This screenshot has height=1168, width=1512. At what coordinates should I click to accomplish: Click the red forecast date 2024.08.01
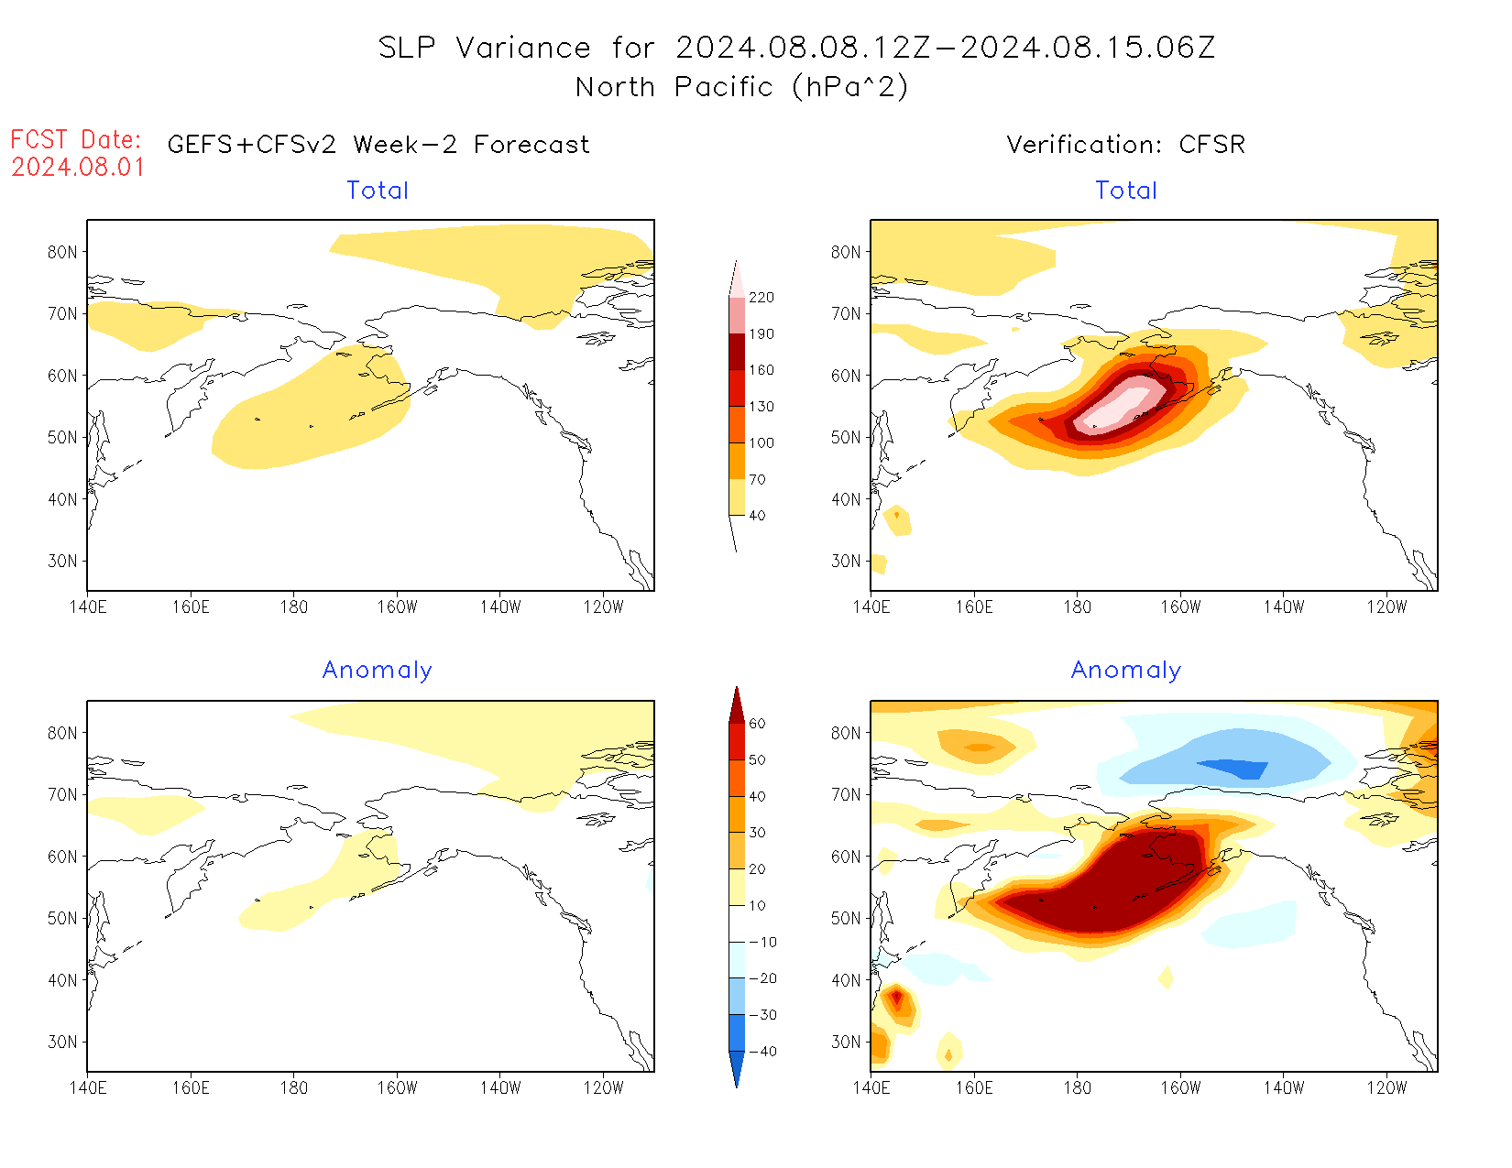(x=78, y=168)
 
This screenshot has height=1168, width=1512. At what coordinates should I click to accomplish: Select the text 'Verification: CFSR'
(x=1125, y=145)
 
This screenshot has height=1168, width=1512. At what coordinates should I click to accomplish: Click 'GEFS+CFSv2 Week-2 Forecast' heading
(x=378, y=145)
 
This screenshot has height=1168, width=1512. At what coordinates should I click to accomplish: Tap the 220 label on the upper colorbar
(x=761, y=298)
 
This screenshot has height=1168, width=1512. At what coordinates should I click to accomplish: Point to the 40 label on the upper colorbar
(x=757, y=516)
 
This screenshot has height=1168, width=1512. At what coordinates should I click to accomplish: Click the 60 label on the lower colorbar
(x=757, y=724)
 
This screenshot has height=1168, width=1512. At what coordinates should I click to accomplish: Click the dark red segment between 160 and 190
(x=737, y=352)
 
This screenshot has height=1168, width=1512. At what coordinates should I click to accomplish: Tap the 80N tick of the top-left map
(x=62, y=252)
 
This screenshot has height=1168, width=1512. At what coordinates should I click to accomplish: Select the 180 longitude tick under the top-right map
(x=1077, y=606)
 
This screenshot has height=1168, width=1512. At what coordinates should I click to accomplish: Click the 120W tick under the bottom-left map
(x=603, y=1087)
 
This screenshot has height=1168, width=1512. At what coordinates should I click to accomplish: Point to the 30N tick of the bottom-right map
(x=846, y=1042)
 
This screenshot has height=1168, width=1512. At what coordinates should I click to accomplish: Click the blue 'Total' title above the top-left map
(x=378, y=191)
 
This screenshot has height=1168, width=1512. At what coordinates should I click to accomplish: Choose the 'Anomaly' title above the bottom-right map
(x=1126, y=671)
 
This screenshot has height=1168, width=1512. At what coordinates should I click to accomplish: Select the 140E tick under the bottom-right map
(x=871, y=1087)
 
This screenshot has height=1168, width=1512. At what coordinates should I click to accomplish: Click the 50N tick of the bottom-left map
(x=62, y=918)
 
